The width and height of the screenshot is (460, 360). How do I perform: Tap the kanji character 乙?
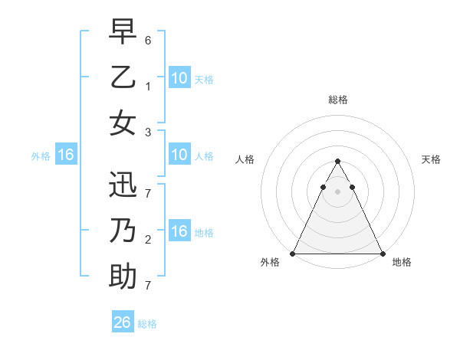pos(123,77)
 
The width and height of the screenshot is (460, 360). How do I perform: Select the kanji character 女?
pos(123,123)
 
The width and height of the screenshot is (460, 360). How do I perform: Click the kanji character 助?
pos(123,277)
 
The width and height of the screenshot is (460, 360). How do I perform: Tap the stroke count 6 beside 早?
pos(148,40)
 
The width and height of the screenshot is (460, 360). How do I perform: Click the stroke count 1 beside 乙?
pos(148,87)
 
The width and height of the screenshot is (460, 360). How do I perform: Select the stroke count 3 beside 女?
pos(148,133)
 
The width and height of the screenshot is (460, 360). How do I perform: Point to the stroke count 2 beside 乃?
pos(148,240)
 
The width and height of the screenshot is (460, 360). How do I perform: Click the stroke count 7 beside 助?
pos(148,286)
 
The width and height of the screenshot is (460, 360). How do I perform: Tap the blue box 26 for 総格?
pos(123,322)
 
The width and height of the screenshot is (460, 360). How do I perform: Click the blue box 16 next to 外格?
pos(65,155)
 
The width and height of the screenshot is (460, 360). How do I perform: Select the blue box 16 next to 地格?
pos(179,231)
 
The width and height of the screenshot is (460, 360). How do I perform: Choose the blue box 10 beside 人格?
pos(179,155)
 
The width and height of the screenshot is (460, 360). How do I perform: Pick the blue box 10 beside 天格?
pos(179,77)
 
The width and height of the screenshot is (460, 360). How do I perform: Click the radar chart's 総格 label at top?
pos(337,100)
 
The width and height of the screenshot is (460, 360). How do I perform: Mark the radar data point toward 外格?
pos(293,254)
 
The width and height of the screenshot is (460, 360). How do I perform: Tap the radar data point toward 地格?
pos(383,254)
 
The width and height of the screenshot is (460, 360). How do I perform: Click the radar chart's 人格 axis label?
pos(245,159)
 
